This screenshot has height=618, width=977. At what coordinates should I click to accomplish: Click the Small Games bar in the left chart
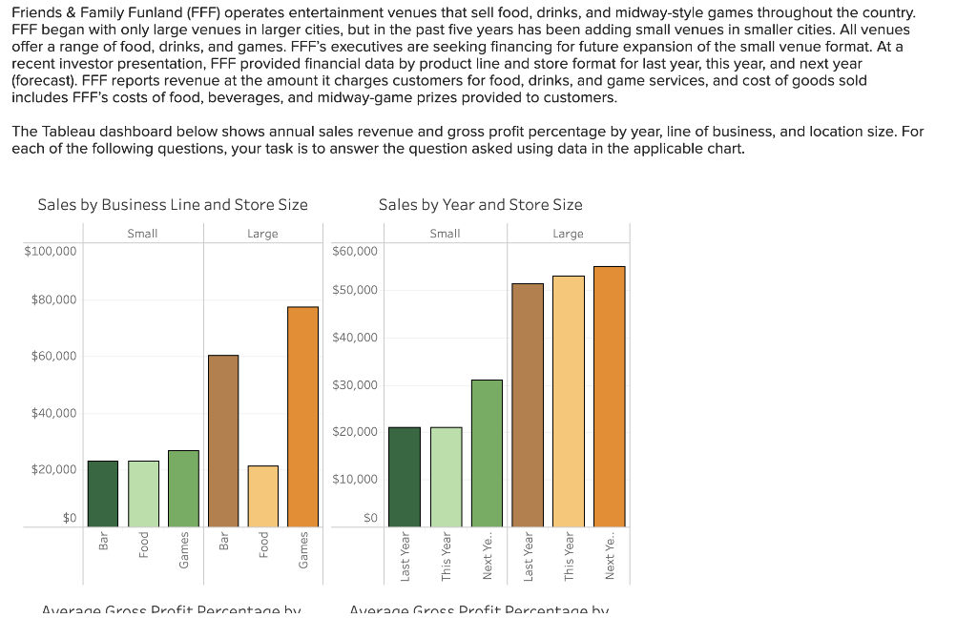(x=183, y=488)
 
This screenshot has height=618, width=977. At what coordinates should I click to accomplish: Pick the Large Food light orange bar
(x=263, y=496)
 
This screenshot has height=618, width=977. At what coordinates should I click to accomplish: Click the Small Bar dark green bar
(x=103, y=493)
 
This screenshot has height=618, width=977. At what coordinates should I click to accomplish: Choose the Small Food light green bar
(x=143, y=493)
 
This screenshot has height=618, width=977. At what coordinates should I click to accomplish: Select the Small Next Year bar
(x=487, y=453)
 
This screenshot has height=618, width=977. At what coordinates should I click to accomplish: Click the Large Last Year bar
(x=528, y=404)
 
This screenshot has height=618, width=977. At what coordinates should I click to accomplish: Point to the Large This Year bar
(x=569, y=401)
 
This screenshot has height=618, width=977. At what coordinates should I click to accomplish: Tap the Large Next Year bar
(x=610, y=396)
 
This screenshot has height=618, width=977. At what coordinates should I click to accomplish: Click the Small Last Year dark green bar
(x=405, y=477)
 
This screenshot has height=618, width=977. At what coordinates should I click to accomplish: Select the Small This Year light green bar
(x=446, y=477)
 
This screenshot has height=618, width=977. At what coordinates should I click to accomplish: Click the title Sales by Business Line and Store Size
(x=173, y=204)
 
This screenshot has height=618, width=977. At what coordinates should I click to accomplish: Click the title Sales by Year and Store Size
(x=480, y=204)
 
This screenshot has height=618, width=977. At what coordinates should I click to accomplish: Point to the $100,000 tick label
(x=51, y=250)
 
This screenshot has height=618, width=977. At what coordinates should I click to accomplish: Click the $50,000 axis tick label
(x=355, y=290)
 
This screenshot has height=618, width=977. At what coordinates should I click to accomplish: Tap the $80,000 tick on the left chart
(x=53, y=300)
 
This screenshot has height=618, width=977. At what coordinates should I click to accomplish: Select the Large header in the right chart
(x=568, y=234)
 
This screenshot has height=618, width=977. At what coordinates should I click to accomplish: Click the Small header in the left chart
(x=142, y=234)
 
